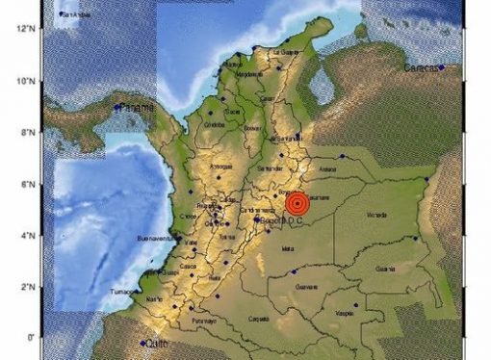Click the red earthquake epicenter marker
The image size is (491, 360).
(297, 203)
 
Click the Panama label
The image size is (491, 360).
(136, 109)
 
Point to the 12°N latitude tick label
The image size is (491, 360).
(27, 29)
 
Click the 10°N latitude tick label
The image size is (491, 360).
(27, 80)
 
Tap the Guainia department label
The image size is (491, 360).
(385, 269)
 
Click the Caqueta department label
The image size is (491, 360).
(258, 317)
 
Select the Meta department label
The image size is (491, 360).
(286, 248)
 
